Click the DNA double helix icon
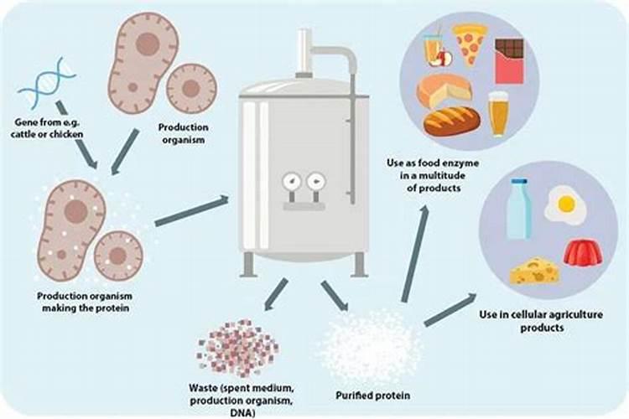point(46,83)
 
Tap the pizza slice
point(470,44)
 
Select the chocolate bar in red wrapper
point(510,60)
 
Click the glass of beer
point(498,114)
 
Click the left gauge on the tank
point(292,182)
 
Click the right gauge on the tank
point(316,182)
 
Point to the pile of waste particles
point(237,348)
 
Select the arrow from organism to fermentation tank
point(192,211)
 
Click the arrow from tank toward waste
point(276,295)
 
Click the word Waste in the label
point(202,388)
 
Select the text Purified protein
point(372,396)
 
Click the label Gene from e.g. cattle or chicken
point(47,128)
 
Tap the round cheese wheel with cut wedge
point(444,91)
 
